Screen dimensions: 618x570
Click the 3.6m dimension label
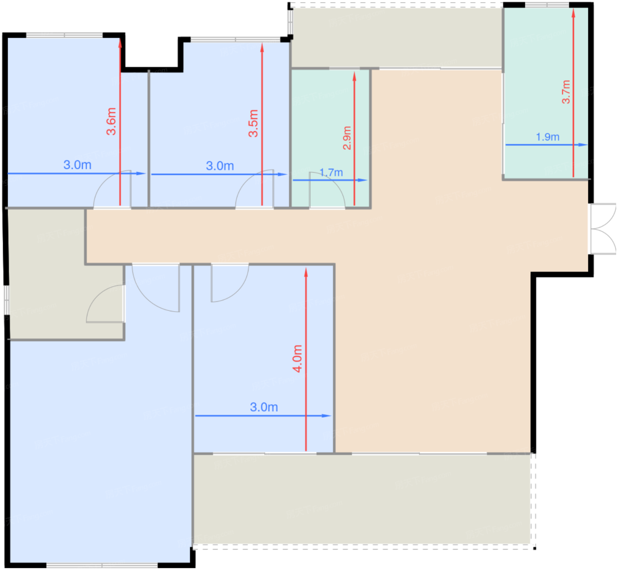tap(111, 121)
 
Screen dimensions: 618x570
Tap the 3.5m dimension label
tap(253, 123)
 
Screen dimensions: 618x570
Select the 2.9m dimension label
tap(347, 138)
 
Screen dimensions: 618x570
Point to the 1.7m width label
tap(331, 172)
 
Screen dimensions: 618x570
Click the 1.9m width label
tap(548, 137)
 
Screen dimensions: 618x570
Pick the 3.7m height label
tap(566, 92)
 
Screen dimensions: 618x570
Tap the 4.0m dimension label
tap(298, 359)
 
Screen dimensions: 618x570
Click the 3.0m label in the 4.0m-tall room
tap(264, 407)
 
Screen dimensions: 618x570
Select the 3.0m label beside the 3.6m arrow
tap(78, 165)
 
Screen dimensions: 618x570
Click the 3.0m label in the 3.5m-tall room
tap(220, 166)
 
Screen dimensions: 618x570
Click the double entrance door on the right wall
tap(603, 229)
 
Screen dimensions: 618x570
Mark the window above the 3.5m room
tap(236, 39)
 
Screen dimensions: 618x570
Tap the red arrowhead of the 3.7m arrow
tap(573, 13)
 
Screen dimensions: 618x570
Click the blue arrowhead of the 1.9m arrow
tap(583, 145)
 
